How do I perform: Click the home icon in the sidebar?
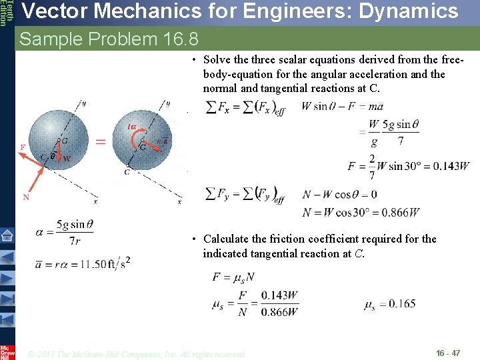click(7, 235)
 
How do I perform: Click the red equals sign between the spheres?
click(101, 141)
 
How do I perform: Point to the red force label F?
click(23, 147)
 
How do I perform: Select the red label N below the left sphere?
click(26, 197)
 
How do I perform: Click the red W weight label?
click(67, 159)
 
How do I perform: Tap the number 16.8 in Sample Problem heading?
click(181, 39)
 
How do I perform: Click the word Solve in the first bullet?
click(218, 60)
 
